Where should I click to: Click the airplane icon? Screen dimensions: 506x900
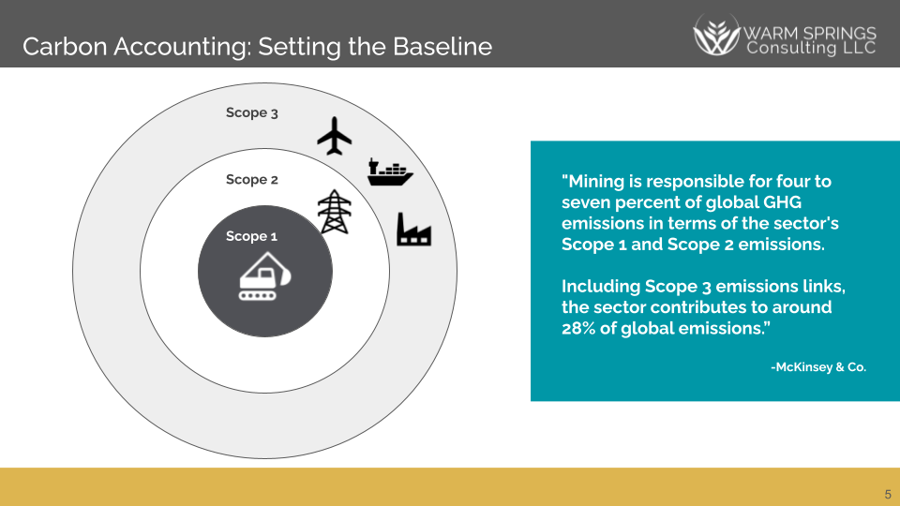(x=335, y=136)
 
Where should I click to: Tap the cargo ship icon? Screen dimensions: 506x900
(x=390, y=171)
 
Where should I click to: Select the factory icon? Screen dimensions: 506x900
(x=413, y=229)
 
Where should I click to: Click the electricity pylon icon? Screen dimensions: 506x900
(x=332, y=212)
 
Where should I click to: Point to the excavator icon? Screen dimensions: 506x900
(x=265, y=277)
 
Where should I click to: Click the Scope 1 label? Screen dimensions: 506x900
(x=251, y=236)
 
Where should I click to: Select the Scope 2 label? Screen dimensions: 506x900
(x=251, y=179)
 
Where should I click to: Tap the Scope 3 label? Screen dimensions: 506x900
(x=251, y=112)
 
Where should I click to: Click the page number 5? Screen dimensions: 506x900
(x=887, y=494)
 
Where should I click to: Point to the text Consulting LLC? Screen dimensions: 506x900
(x=811, y=47)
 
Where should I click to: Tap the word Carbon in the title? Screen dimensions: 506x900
(x=56, y=46)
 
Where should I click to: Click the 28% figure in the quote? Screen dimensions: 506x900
(x=582, y=328)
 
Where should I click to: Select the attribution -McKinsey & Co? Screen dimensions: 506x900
(x=818, y=367)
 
